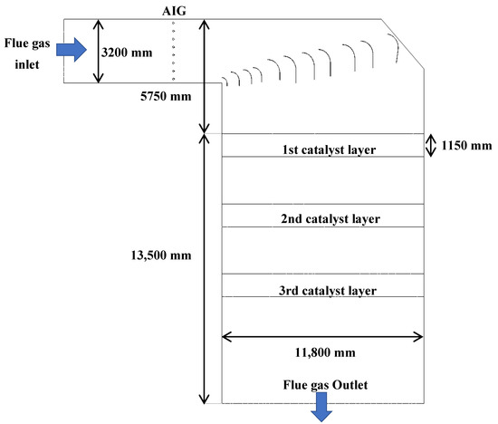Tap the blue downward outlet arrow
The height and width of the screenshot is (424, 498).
[321, 412]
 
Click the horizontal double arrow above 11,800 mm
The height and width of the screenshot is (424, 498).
[321, 337]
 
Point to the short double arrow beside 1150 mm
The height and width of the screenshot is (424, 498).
[431, 145]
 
